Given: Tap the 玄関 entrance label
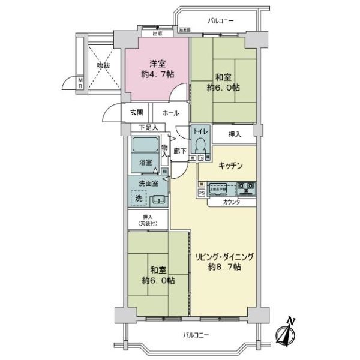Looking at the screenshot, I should [136, 112].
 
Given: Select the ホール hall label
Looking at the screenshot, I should [170, 112].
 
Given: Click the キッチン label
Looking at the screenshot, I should [230, 166].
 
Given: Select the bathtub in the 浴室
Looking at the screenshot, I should [145, 145].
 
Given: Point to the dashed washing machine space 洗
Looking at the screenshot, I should [137, 199].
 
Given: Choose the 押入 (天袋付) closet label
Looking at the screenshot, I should [148, 220].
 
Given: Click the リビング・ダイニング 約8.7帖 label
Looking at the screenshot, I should [224, 261].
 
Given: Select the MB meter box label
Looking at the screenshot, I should [80, 82].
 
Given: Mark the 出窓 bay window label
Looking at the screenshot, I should [157, 34].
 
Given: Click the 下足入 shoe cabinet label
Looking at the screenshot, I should [148, 127].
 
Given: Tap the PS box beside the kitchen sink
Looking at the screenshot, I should [202, 193].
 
